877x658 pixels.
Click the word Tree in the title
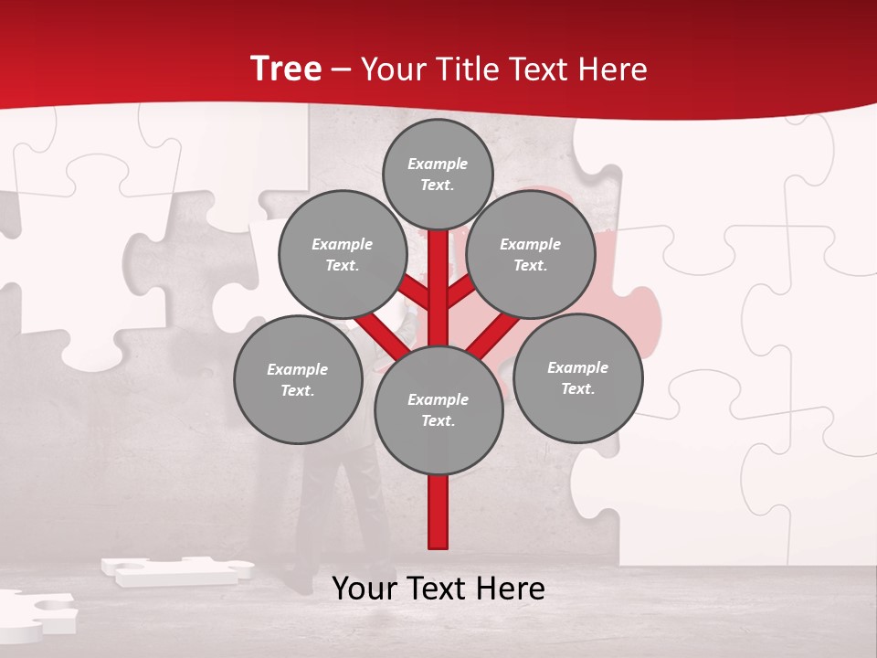pyautogui.click(x=286, y=69)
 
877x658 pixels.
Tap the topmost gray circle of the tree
pyautogui.click(x=438, y=174)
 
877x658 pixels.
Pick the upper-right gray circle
pyautogui.click(x=530, y=254)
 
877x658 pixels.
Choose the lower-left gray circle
pyautogui.click(x=298, y=379)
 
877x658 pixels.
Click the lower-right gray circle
pyautogui.click(x=577, y=377)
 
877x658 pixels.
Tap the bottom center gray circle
pyautogui.click(x=438, y=409)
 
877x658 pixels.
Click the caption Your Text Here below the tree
pyautogui.click(x=438, y=589)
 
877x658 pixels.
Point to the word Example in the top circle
pyautogui.click(x=438, y=164)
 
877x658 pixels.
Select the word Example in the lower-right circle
pyautogui.click(x=577, y=367)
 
